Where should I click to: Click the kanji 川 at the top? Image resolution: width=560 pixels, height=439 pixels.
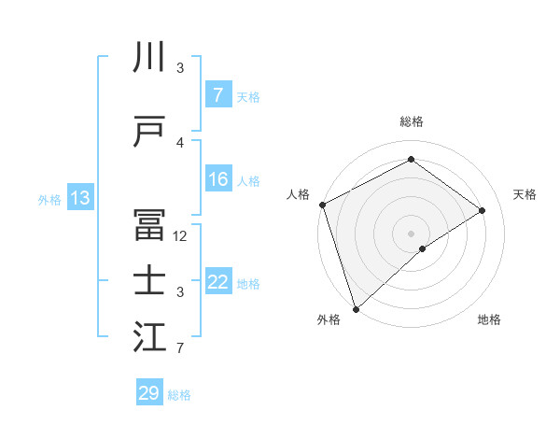(x=149, y=58)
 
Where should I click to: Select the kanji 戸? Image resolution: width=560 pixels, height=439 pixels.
(x=149, y=133)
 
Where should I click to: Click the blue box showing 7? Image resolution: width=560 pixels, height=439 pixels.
(x=217, y=95)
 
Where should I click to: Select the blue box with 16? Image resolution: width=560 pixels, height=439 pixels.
(x=217, y=179)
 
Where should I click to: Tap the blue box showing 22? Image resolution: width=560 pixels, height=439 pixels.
(x=217, y=282)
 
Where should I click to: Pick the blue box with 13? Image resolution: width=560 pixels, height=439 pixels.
(x=79, y=198)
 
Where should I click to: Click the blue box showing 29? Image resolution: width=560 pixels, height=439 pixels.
(x=148, y=393)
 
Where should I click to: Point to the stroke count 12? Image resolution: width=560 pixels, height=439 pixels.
(x=181, y=236)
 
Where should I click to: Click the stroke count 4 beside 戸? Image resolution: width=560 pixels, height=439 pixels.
(x=180, y=143)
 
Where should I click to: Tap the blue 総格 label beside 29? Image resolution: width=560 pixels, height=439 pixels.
(x=179, y=394)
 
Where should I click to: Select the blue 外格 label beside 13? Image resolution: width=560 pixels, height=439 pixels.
(x=49, y=199)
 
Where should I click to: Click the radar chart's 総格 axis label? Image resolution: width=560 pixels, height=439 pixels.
(x=411, y=121)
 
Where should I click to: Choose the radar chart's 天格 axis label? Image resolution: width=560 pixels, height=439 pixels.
(x=525, y=194)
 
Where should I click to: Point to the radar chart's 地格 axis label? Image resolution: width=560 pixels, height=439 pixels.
(x=489, y=319)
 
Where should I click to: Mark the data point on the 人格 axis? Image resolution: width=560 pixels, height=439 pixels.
(x=322, y=205)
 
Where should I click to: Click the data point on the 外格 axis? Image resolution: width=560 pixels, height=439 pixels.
(x=356, y=308)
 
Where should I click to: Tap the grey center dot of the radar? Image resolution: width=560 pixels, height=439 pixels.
(x=411, y=233)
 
